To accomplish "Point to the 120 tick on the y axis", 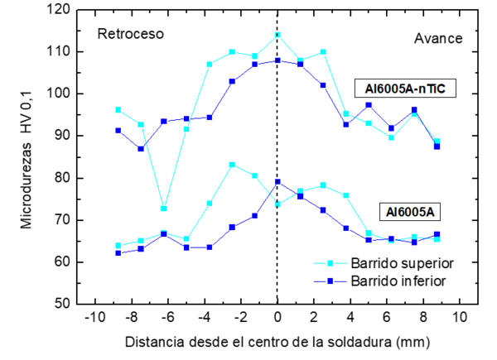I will tap(60, 9).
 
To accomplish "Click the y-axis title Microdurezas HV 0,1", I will tap(27, 157).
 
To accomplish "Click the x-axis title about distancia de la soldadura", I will tap(277, 342).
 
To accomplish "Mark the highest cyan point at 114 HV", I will tap(277, 35).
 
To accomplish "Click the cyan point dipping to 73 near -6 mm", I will tap(164, 209).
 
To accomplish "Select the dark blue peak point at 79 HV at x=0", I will tap(277, 181).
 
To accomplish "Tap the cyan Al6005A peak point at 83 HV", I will tap(232, 165).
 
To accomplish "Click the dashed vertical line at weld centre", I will tap(277, 240).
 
